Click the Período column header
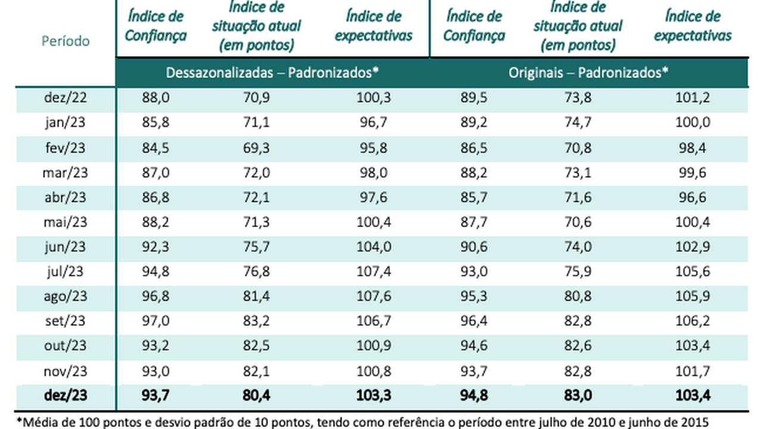(66, 41)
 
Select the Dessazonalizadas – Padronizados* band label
(272, 73)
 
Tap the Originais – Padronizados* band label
(588, 73)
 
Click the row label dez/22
(66, 98)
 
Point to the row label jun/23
(66, 247)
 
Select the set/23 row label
(66, 321)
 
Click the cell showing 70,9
(257, 98)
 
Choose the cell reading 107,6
(373, 296)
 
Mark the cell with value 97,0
(156, 321)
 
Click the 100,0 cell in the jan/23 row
(692, 123)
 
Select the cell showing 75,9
(576, 272)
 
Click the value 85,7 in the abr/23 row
(474, 197)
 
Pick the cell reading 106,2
(692, 321)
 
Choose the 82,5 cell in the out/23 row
(257, 346)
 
